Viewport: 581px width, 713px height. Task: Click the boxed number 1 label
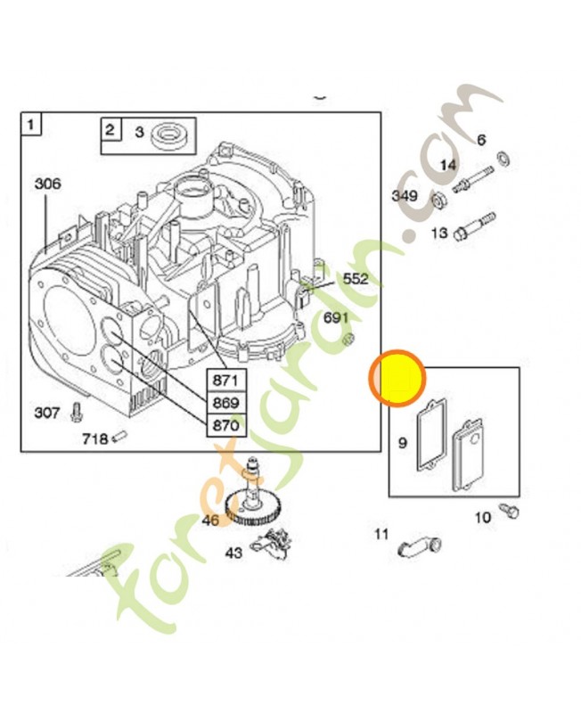point(31,125)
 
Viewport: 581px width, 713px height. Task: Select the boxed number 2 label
point(110,130)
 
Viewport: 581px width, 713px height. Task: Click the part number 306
point(47,184)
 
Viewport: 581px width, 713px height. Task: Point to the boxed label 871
point(225,381)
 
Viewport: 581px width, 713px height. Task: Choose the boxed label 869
point(225,403)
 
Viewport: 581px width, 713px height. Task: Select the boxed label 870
point(225,425)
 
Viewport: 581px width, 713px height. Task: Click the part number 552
point(355,279)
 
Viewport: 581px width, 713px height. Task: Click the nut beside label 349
point(438,197)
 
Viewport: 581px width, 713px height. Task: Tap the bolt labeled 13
point(473,223)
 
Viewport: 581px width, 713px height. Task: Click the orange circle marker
point(397,378)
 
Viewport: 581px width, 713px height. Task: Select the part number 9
point(403,442)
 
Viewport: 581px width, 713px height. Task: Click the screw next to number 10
point(511,510)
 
